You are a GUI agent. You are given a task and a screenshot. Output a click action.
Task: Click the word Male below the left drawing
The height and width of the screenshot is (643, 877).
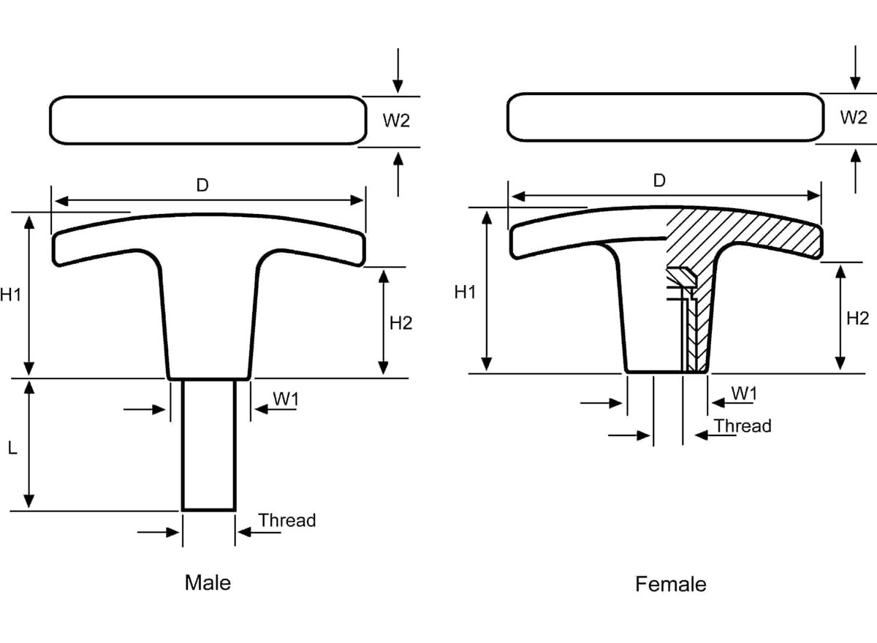(208, 582)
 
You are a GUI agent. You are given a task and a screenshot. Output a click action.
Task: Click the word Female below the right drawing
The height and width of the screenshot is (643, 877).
(670, 585)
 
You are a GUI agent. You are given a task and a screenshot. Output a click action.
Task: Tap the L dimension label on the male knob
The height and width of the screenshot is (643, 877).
(12, 449)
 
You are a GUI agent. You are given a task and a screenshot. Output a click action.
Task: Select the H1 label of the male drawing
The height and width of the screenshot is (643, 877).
(10, 295)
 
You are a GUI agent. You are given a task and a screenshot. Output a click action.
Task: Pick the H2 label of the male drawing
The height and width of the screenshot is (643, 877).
(400, 322)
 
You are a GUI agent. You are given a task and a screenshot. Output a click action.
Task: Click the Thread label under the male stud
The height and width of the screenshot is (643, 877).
(287, 520)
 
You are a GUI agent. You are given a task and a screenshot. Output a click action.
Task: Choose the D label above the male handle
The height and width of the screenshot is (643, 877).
(202, 186)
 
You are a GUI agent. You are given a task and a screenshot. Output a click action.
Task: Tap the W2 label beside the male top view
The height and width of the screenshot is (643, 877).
(396, 121)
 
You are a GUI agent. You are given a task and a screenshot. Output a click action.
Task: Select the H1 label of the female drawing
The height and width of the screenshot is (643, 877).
(465, 292)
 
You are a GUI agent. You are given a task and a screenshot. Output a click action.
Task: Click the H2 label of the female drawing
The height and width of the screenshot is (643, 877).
(857, 318)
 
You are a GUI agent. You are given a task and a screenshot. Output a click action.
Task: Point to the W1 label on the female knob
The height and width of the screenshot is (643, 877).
(743, 393)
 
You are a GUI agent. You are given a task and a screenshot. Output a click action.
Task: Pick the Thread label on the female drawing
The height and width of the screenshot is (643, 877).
(742, 425)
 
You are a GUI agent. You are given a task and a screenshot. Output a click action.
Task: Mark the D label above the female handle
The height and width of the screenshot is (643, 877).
(659, 180)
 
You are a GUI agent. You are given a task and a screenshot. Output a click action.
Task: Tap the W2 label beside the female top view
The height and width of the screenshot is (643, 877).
(853, 117)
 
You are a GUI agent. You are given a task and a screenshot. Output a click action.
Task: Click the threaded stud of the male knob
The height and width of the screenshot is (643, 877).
(209, 444)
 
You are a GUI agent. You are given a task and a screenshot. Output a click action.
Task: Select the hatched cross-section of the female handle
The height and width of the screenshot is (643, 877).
(738, 234)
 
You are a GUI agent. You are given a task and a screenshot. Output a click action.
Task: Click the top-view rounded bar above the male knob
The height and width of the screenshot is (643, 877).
(208, 120)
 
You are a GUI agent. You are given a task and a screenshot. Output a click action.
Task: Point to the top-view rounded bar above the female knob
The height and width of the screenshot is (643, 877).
(664, 117)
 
